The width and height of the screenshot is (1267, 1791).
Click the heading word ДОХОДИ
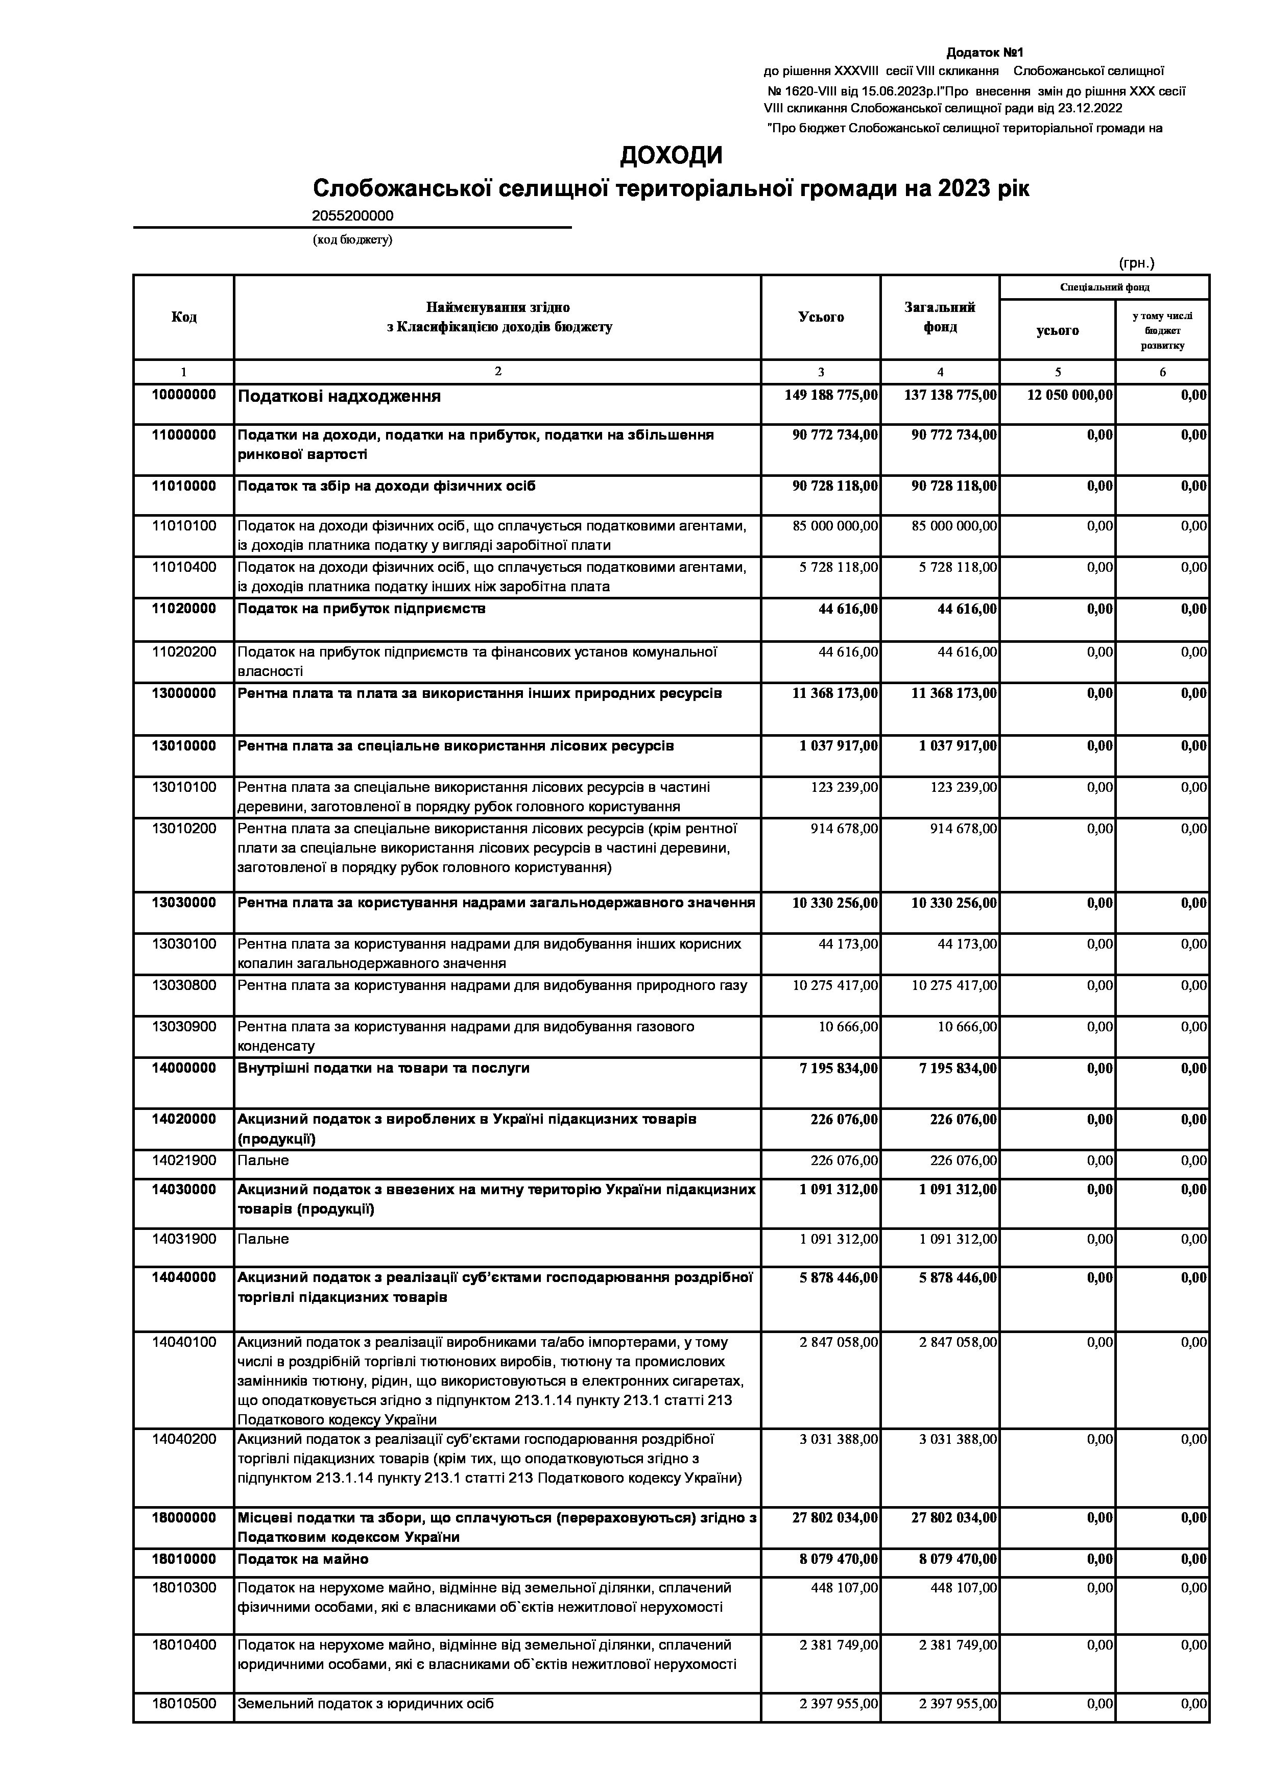671,156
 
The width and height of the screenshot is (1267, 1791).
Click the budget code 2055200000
353,216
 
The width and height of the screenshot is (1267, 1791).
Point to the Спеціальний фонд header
1104,287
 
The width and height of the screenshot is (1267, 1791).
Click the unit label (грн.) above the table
1136,263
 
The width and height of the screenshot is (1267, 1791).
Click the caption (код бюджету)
353,239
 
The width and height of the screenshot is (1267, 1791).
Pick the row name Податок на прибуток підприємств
361,609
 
